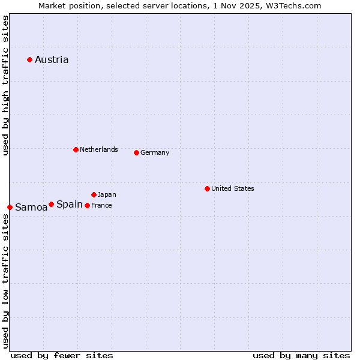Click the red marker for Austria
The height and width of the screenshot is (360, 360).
click(x=29, y=59)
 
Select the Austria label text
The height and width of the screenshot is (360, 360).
click(x=52, y=59)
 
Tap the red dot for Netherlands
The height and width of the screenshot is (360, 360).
click(x=76, y=149)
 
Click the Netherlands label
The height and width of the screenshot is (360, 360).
click(x=99, y=149)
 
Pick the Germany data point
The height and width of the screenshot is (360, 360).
click(x=136, y=152)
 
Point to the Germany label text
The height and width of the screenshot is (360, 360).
click(x=155, y=152)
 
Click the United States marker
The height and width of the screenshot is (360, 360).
click(x=207, y=188)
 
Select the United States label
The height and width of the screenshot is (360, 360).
click(x=233, y=188)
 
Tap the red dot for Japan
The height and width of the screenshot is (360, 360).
click(x=94, y=194)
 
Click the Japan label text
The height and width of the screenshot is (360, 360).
click(x=107, y=194)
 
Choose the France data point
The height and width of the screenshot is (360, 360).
click(x=87, y=205)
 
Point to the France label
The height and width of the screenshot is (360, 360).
click(x=101, y=205)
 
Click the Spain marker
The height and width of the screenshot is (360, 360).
click(x=51, y=204)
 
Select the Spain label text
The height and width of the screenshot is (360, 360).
click(x=70, y=204)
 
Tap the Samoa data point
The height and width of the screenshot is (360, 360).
click(x=10, y=207)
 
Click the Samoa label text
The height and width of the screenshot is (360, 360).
click(x=31, y=208)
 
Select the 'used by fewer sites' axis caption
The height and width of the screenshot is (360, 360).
click(x=62, y=355)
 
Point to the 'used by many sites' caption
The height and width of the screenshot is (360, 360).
click(x=301, y=355)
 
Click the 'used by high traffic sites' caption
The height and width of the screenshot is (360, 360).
click(x=5, y=85)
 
